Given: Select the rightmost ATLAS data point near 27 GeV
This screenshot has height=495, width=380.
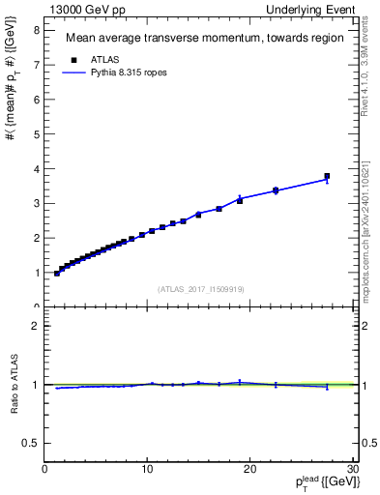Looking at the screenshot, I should coord(327,176).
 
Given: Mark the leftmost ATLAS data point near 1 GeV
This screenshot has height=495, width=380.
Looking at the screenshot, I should coord(57,274).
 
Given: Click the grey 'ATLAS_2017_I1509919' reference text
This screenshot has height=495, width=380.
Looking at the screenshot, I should coord(201,288).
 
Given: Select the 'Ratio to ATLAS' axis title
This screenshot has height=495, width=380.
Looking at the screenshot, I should coord(13,385).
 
